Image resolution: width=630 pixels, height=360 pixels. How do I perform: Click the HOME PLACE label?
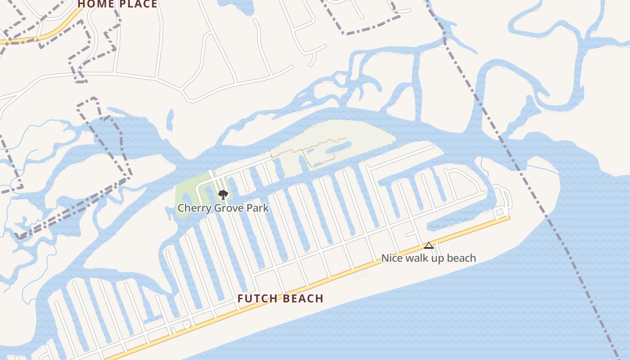coord(118,4)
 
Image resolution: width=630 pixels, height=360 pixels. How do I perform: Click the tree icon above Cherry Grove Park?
coord(223,195)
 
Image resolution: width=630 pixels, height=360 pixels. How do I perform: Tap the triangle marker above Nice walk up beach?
coord(429,246)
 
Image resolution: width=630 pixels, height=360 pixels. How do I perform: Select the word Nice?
coord(392,258)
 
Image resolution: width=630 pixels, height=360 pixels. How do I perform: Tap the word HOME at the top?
coord(95,4)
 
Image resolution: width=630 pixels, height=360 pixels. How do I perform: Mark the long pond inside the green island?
coord(338,148)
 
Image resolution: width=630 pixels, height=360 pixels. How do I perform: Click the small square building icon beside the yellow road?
coord(186,324)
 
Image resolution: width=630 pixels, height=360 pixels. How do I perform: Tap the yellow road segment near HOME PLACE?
coord(54,34)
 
